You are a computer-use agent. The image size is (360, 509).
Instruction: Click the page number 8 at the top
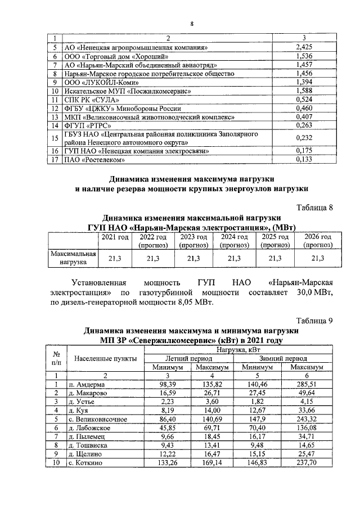191,23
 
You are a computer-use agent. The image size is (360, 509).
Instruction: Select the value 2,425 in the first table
304,47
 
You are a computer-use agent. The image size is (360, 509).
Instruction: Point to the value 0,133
304,160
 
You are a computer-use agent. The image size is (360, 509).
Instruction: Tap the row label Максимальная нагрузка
73,258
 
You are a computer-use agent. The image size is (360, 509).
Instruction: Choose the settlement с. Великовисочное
98,419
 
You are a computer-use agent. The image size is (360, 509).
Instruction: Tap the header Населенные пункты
101,358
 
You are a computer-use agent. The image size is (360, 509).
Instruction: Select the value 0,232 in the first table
304,138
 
